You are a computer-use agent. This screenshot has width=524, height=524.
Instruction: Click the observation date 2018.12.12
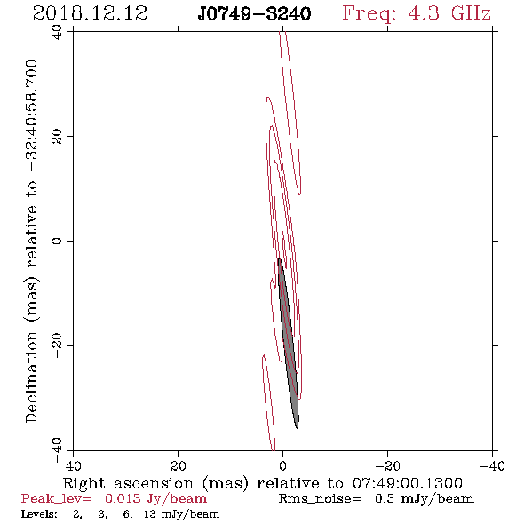pos(90,13)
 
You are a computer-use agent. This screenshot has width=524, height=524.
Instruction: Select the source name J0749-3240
pos(254,13)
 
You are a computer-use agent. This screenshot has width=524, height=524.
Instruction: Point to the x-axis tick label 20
pos(178,466)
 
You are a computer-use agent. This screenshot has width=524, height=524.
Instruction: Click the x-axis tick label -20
pos(387,466)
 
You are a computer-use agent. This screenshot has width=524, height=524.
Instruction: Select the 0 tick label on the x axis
pos(282,466)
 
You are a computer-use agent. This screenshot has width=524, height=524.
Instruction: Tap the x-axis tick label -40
pos(492,466)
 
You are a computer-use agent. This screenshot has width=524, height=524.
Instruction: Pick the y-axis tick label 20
pos(57,137)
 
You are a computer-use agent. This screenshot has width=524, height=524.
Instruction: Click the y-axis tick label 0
pos(57,241)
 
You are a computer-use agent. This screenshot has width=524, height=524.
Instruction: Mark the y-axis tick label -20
pos(57,345)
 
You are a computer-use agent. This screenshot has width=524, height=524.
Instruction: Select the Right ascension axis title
pos(155,483)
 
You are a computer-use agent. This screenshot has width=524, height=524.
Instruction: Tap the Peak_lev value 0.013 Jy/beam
pos(155,499)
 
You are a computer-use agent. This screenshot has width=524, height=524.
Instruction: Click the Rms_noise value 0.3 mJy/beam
pos(424,499)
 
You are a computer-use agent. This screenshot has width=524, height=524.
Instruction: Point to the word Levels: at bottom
pos(39,514)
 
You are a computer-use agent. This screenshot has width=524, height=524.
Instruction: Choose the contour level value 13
pos(150,514)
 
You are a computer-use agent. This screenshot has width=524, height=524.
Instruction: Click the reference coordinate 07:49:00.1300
pos(407,483)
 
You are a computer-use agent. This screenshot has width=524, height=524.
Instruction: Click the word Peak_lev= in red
pos(56,499)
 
